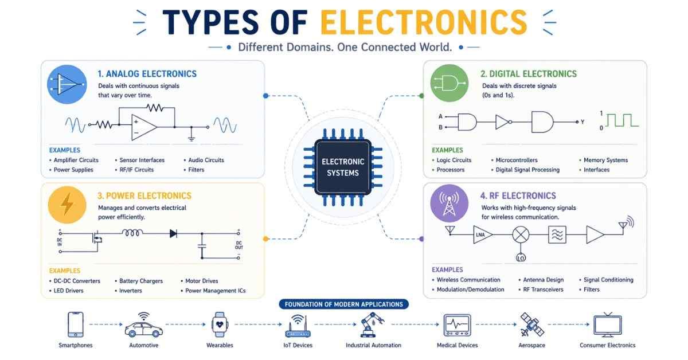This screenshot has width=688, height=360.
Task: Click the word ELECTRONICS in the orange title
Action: tap(424, 22)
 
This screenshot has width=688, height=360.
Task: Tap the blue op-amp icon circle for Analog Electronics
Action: tap(67, 84)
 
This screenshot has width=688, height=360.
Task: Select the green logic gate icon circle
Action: tap(449, 83)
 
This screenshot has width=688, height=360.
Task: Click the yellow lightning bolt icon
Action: tap(67, 205)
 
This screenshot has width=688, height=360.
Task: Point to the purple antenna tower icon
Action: tap(449, 204)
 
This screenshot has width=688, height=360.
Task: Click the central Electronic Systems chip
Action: tap(343, 167)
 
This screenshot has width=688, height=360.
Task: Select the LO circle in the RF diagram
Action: tap(521, 257)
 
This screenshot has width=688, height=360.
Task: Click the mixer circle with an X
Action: tap(521, 234)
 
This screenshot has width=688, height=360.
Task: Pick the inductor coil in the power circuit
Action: tap(132, 233)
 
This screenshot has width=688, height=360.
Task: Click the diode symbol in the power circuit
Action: tap(173, 234)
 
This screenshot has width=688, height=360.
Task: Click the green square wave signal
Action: tap(622, 120)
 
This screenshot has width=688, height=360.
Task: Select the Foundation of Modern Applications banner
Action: tap(343, 304)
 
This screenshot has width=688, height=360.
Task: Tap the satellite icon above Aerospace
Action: tap(531, 324)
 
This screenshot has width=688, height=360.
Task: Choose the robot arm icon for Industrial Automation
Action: tap(372, 325)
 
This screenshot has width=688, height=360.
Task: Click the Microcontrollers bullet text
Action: tap(517, 160)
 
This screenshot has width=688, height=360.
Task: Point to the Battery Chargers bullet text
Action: tap(141, 281)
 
